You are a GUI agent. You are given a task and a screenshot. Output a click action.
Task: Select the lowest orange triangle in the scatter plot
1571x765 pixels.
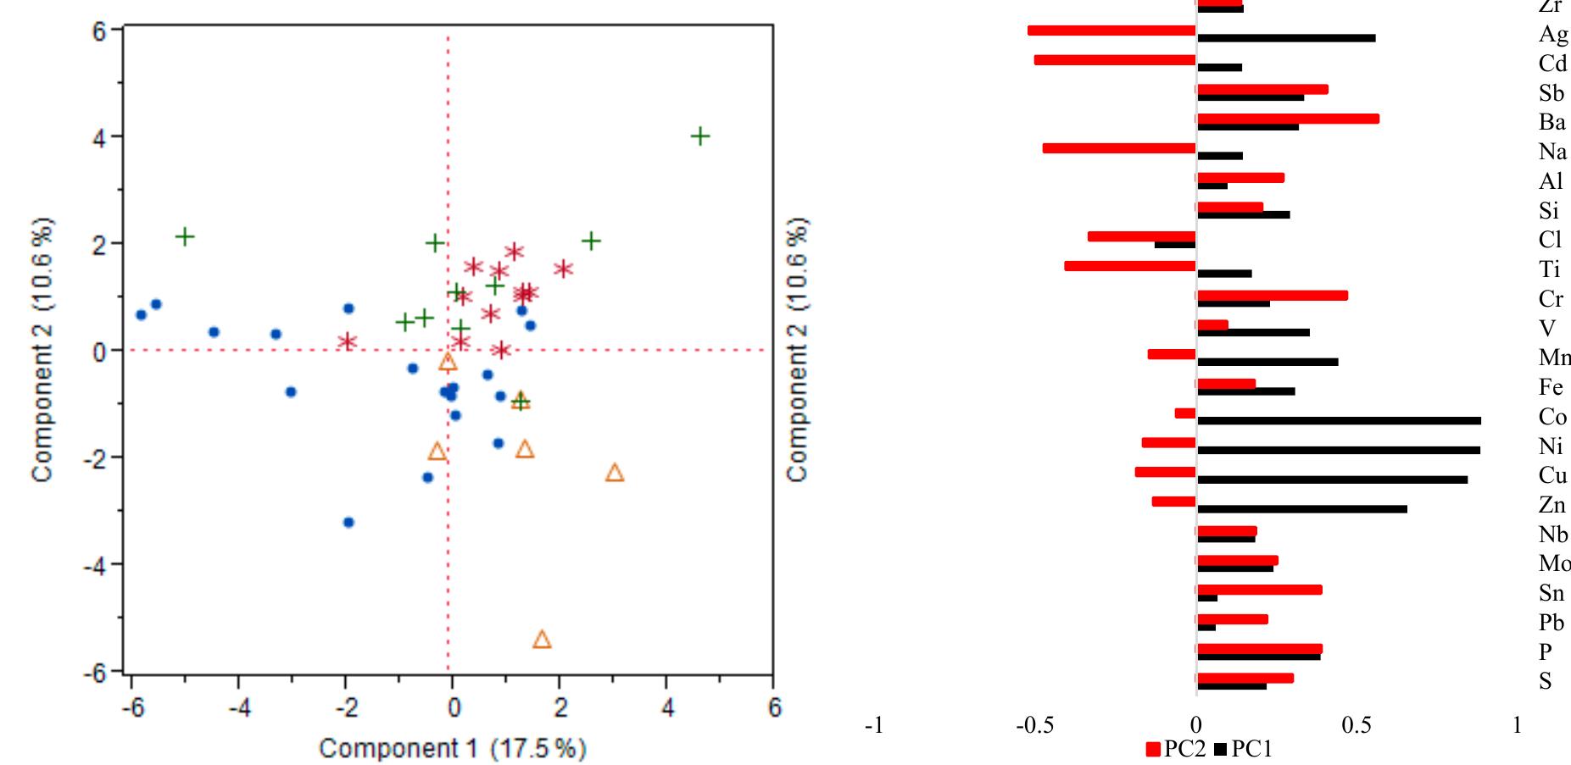coord(543,640)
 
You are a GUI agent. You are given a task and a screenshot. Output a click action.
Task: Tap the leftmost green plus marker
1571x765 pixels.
coord(185,236)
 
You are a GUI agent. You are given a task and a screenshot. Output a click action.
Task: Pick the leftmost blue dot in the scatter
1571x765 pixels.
coord(142,315)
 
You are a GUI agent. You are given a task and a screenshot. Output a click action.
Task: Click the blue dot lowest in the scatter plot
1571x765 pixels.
coord(348,523)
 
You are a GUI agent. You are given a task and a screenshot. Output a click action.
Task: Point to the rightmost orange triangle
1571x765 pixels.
coord(615,473)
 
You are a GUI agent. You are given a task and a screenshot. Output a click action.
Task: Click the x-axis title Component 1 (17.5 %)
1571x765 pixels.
coord(452,749)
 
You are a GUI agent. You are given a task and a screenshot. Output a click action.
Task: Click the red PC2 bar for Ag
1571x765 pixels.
coord(1111,30)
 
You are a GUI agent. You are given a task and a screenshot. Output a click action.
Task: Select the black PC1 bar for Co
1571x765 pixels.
coord(1339,420)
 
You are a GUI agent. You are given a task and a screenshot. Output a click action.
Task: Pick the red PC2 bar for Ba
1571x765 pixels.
coord(1287,119)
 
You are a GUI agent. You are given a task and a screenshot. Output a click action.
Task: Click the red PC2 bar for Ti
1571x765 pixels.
coord(1130,266)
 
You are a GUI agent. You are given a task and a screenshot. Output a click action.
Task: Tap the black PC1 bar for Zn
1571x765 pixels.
coord(1301,509)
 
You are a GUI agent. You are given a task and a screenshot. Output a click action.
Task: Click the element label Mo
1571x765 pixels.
coord(1553,564)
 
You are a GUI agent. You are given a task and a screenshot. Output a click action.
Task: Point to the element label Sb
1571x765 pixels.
coord(1551,93)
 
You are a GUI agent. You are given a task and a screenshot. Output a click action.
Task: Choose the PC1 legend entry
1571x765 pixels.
coord(1244,749)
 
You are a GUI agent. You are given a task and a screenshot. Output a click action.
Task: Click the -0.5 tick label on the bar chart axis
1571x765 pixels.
coord(1034,726)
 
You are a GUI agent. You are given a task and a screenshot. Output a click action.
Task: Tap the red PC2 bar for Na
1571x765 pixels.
coord(1119,148)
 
